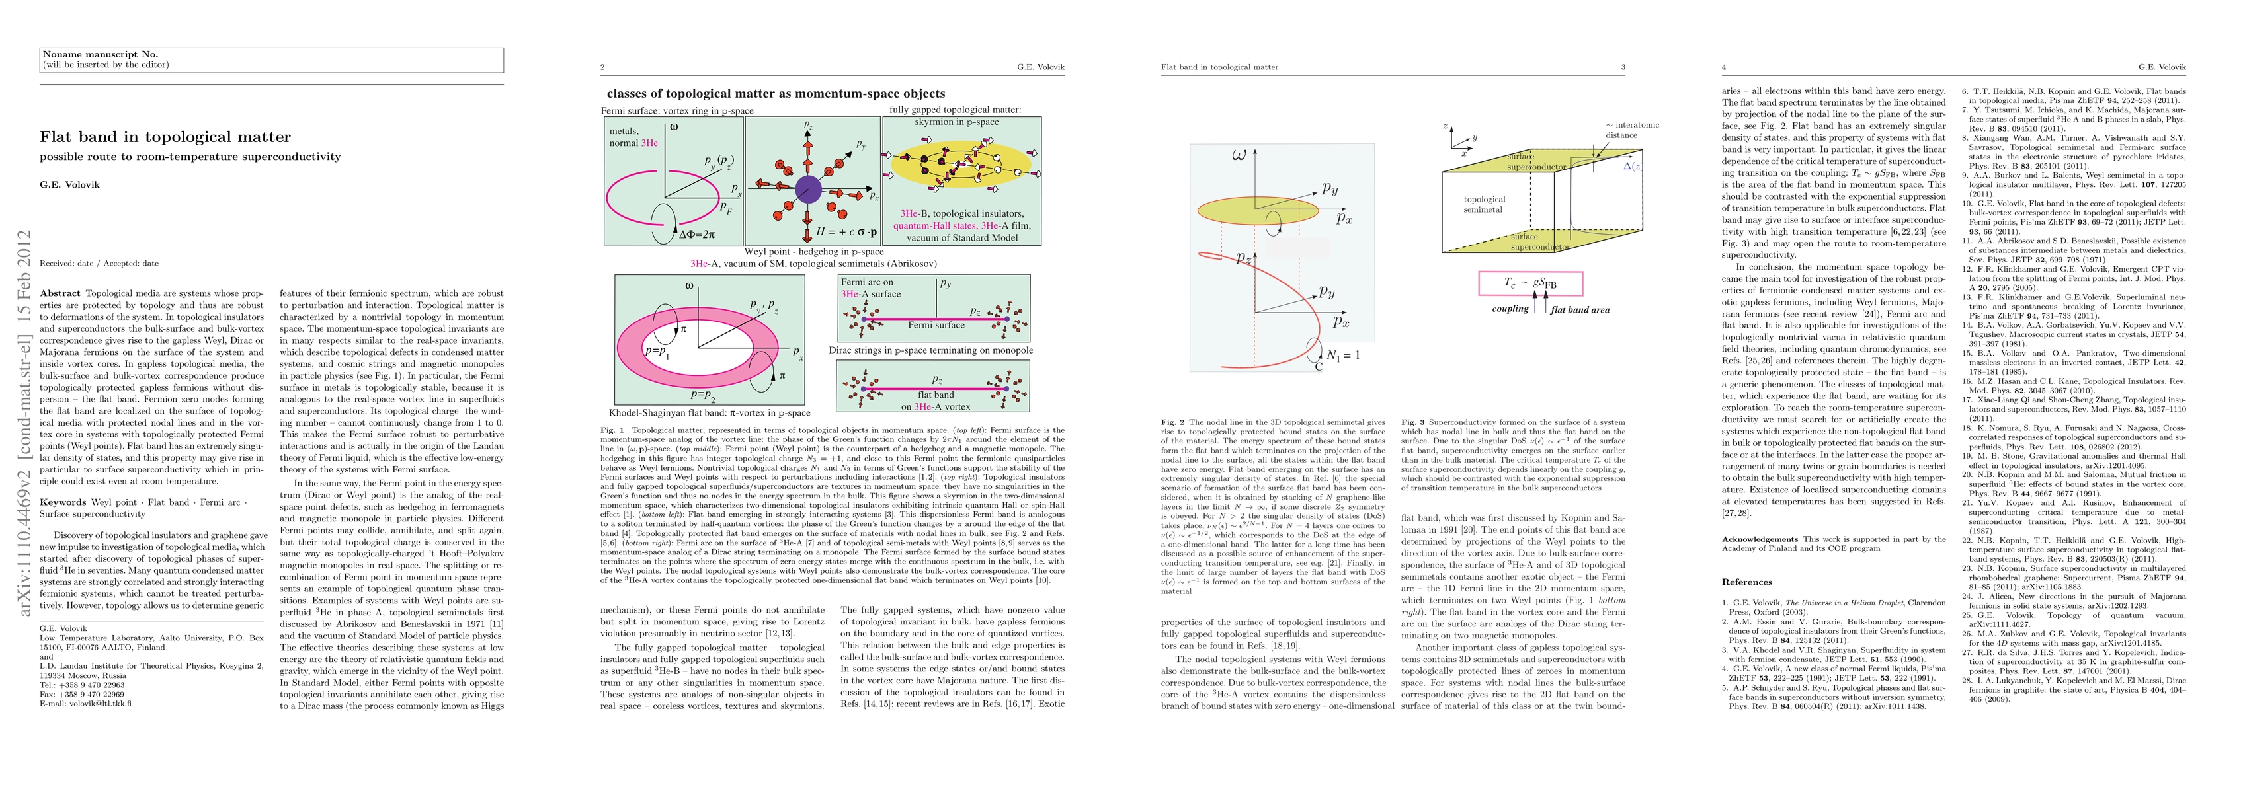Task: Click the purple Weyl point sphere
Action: tap(808, 189)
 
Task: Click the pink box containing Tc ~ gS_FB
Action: tap(1530, 283)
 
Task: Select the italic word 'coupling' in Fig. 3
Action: tap(1510, 309)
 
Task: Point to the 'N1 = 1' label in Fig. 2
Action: tap(1342, 355)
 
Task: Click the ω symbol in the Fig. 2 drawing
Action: tap(1239, 156)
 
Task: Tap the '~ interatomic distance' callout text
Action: tap(1632, 130)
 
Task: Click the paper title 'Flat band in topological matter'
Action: tap(165, 137)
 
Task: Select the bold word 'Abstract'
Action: tap(60, 293)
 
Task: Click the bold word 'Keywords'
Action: tap(63, 502)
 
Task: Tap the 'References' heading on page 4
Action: tap(1746, 582)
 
